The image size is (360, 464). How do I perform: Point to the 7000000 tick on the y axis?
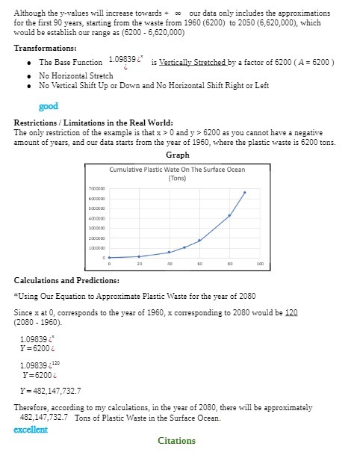coord(95,188)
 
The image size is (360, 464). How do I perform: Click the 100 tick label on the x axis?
coord(259,264)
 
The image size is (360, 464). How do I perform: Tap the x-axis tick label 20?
coord(140,264)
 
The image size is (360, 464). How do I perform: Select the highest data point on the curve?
coord(244,192)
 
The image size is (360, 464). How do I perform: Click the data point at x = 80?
coord(229,215)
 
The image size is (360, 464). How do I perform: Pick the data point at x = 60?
coord(199,240)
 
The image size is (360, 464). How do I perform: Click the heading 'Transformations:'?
coord(43,47)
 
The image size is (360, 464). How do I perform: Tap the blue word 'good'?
coord(49,107)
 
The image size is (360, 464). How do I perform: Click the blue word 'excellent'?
coord(31,430)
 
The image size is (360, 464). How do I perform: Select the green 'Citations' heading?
coord(176,441)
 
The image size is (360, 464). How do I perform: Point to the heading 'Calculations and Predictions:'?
coord(66,280)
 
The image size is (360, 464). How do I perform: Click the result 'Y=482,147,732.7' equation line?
coord(50,391)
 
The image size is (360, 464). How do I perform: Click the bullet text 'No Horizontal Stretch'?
coord(75,75)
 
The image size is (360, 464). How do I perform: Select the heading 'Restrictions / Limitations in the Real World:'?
coord(94,123)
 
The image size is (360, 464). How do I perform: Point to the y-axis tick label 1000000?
coord(95,247)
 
